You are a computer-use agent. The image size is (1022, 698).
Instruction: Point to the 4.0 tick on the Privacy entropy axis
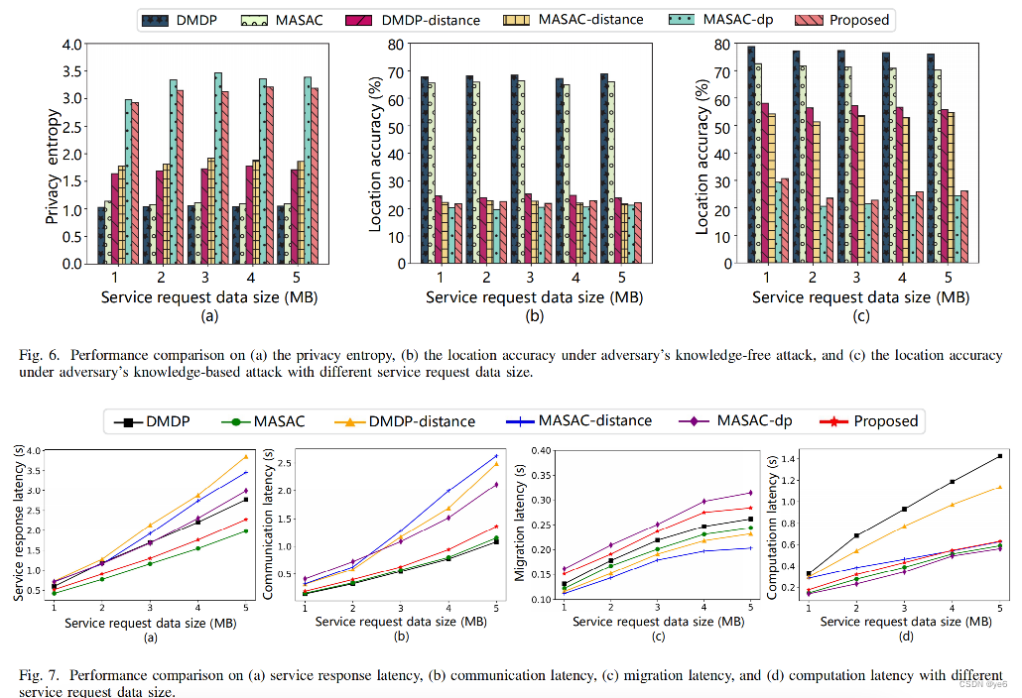pyautogui.click(x=71, y=45)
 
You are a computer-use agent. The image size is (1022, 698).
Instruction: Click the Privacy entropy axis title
pyautogui.click(x=54, y=154)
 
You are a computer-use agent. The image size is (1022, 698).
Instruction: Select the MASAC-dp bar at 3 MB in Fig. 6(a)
pyautogui.click(x=217, y=168)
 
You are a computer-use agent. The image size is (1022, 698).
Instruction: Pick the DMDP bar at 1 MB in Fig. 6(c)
pyautogui.click(x=751, y=155)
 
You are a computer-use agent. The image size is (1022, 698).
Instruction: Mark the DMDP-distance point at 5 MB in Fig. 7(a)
pyautogui.click(x=245, y=456)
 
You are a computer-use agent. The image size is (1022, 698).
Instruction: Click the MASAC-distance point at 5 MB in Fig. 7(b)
pyautogui.click(x=495, y=456)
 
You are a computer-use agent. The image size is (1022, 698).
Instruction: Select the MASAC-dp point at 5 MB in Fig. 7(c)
pyautogui.click(x=750, y=493)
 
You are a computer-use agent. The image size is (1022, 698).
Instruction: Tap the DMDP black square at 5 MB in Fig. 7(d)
pyautogui.click(x=998, y=456)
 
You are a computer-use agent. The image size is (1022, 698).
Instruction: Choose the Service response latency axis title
pyautogui.click(x=18, y=524)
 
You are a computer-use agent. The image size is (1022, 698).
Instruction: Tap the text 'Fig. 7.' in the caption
pyautogui.click(x=37, y=675)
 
